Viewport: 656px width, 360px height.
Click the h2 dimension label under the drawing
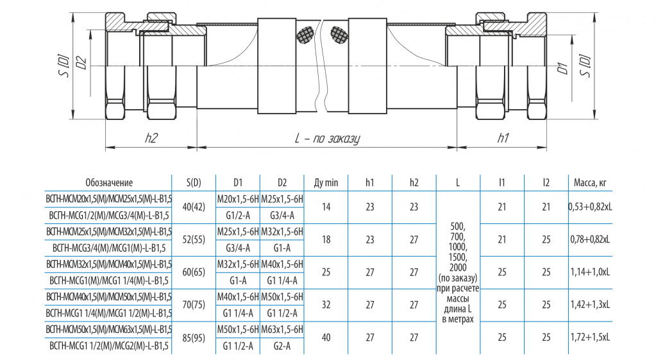click(151, 138)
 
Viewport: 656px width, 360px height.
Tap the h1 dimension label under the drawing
click(503, 138)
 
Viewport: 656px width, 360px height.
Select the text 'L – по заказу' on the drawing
click(327, 139)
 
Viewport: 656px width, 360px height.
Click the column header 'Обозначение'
click(109, 182)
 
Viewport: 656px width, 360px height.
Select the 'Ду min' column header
click(326, 182)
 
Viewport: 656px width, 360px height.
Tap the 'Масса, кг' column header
click(590, 182)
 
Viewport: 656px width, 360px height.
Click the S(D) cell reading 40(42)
click(194, 207)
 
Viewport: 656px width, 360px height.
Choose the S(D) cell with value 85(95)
click(194, 338)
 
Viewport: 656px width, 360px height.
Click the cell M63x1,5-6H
click(282, 329)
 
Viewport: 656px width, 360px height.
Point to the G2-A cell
click(282, 346)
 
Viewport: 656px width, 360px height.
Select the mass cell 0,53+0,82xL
click(591, 207)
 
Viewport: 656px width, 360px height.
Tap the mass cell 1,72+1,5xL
click(591, 338)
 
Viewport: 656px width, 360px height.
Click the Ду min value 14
click(326, 207)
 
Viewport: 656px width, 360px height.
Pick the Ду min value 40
click(326, 338)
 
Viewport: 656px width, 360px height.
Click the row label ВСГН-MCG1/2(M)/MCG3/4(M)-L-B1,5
click(109, 215)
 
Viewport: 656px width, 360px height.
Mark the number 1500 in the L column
click(458, 257)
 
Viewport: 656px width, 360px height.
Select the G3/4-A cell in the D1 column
click(238, 248)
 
